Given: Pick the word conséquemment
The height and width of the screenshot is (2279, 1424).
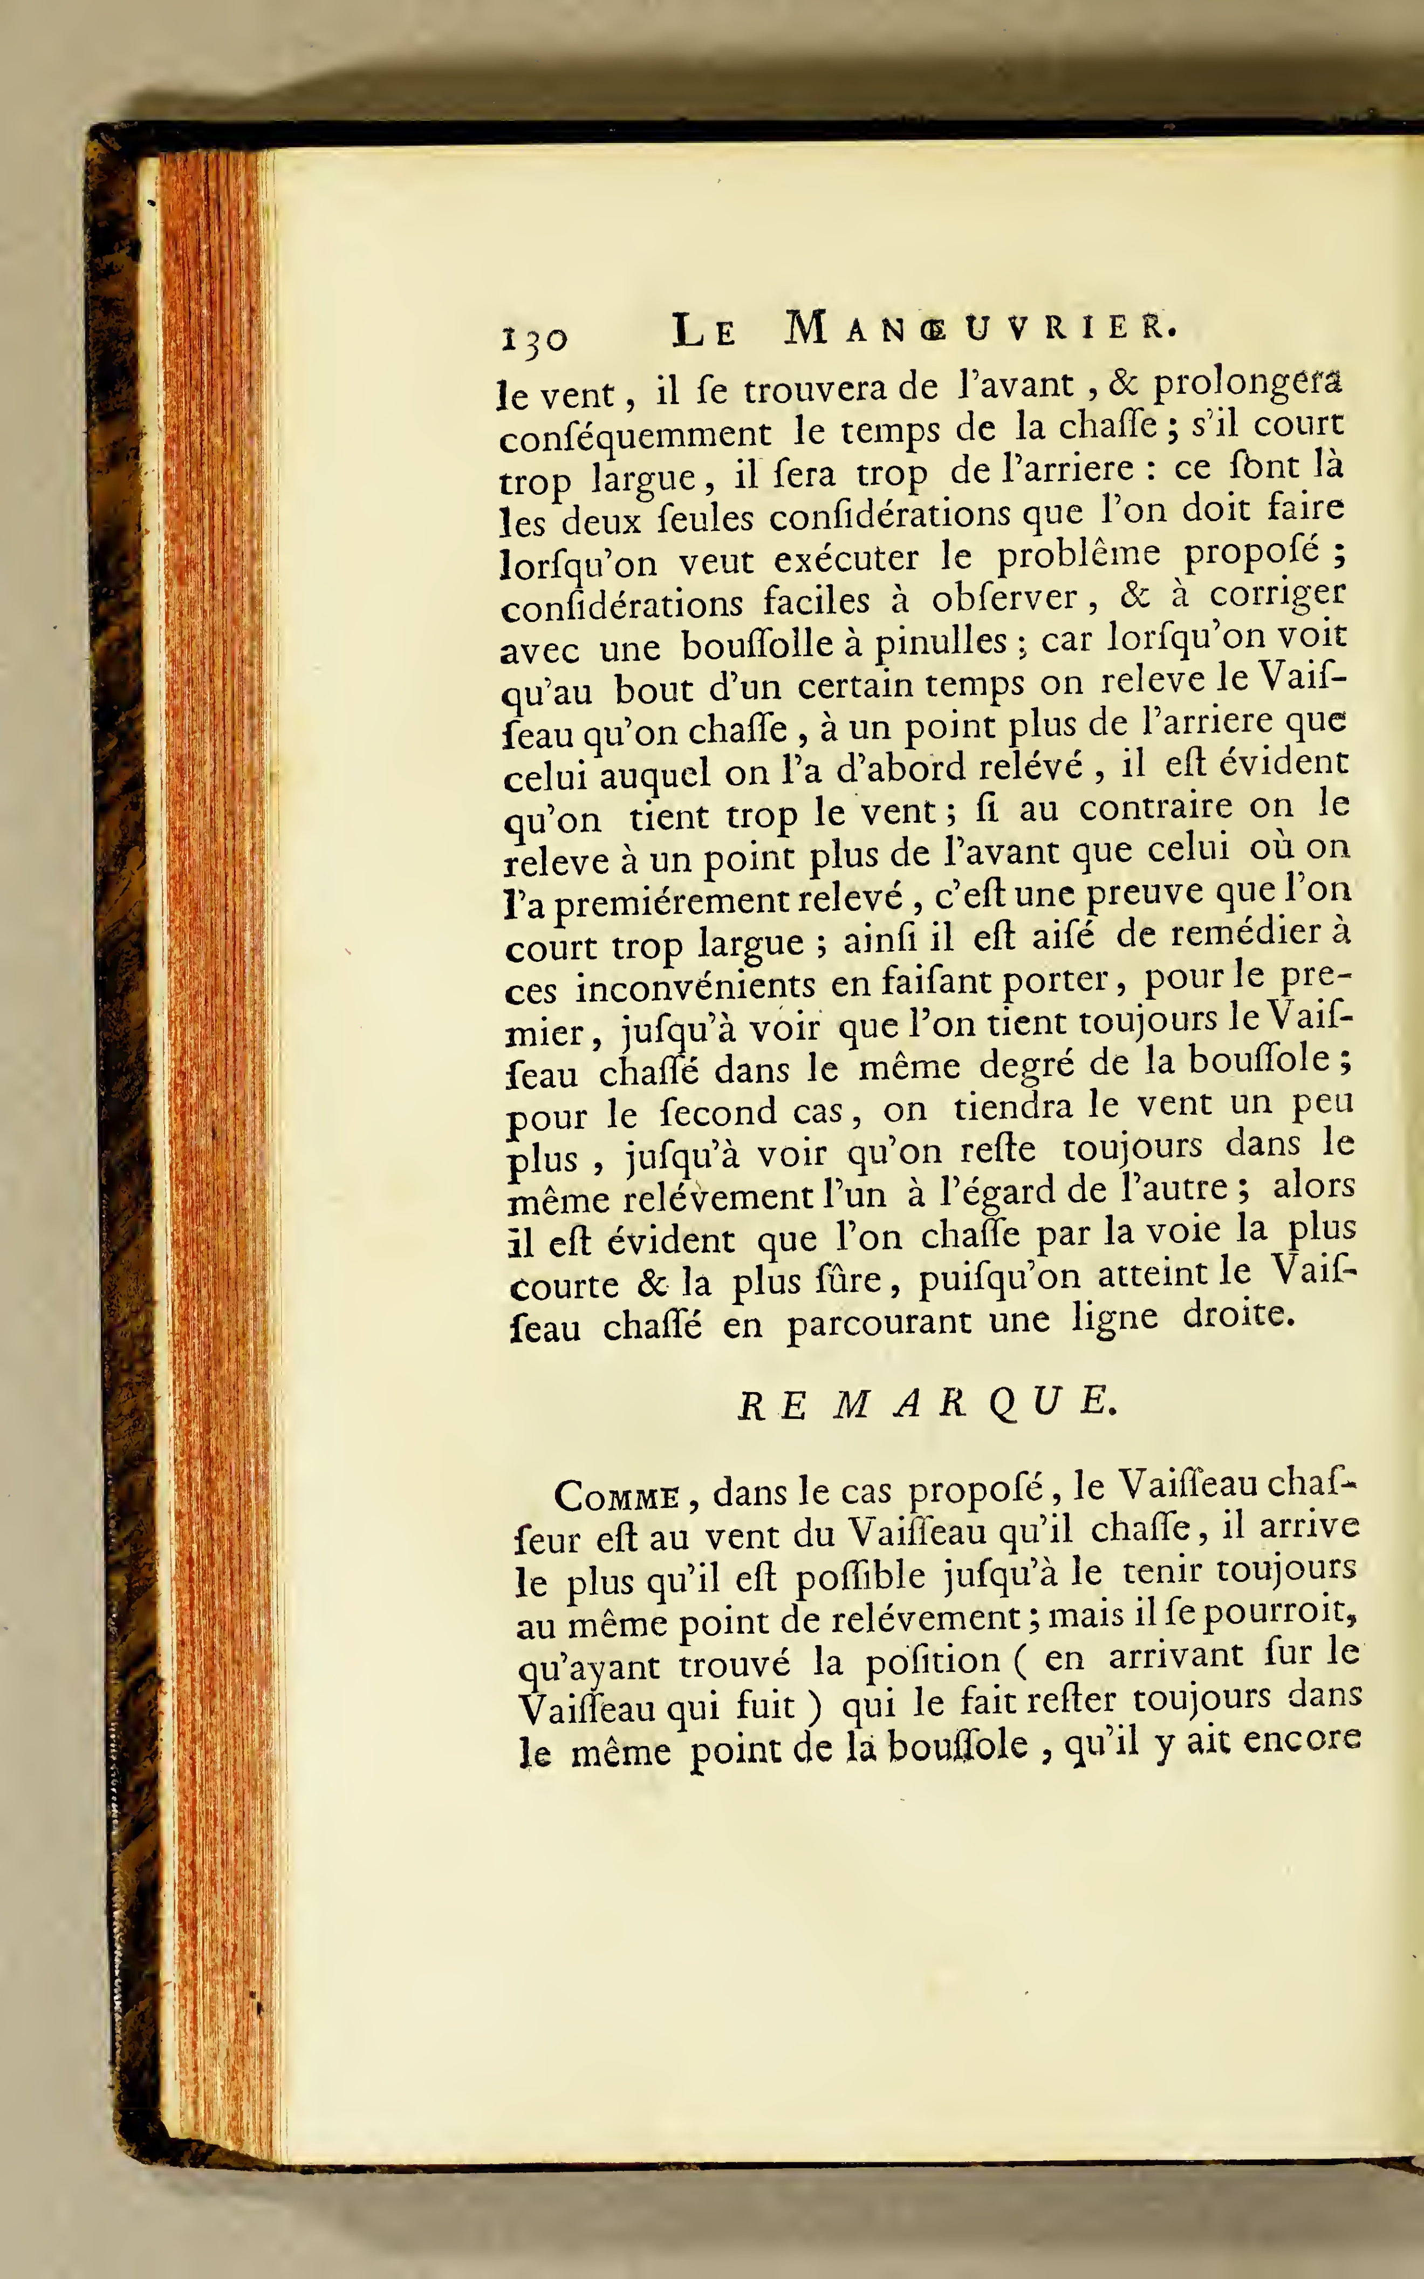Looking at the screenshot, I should (635, 435).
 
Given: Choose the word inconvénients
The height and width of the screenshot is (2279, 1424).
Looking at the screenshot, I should (695, 986).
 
